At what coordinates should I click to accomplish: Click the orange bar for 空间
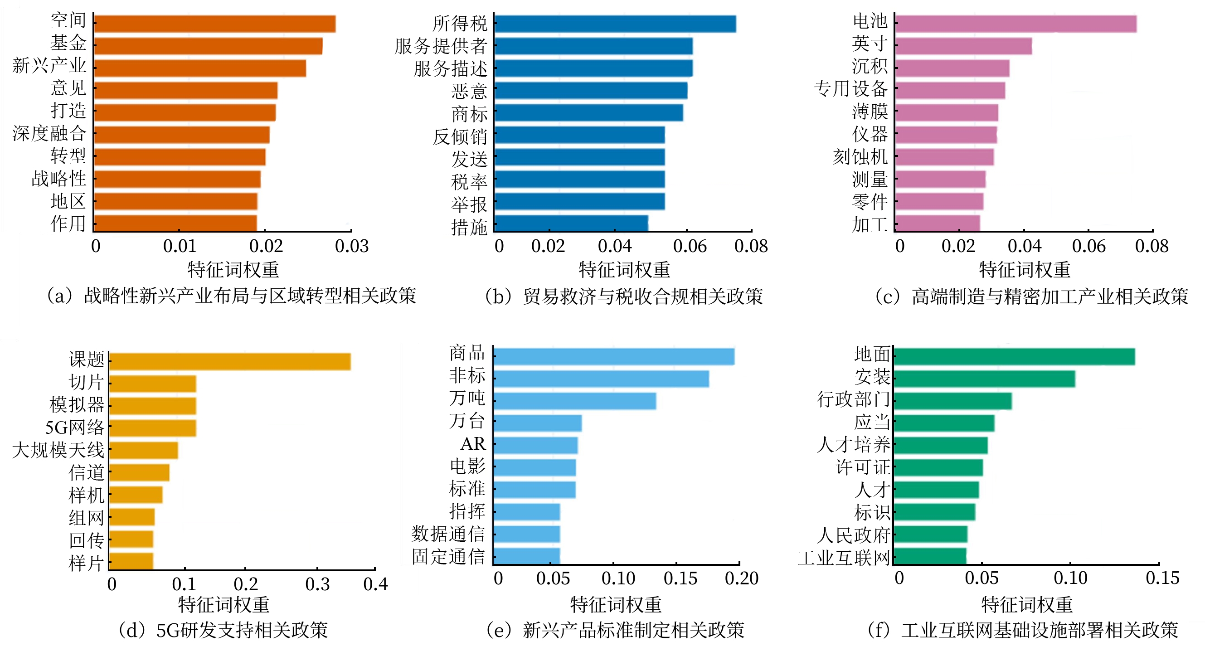[214, 24]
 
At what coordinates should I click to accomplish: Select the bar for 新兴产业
[200, 68]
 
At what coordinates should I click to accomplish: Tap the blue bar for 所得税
[615, 24]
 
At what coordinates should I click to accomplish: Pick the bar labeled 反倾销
[579, 135]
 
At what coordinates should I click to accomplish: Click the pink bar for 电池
[1015, 24]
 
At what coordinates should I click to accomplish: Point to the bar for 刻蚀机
[944, 157]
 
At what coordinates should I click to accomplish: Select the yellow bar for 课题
[229, 362]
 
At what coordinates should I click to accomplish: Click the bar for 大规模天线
[143, 450]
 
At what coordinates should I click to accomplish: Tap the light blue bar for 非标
[601, 379]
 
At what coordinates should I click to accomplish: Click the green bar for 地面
[1014, 356]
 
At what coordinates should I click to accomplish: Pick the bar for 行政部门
[952, 401]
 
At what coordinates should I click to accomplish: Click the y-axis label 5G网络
[75, 427]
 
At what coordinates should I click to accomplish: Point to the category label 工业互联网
[843, 558]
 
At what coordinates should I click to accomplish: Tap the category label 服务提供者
[441, 46]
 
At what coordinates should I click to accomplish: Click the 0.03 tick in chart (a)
[352, 247]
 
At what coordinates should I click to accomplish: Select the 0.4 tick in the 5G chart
[375, 584]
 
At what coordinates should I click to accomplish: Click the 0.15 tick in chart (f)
[1162, 578]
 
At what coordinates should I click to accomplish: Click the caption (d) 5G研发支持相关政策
[223, 630]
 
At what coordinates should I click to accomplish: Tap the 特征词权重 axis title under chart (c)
[1025, 270]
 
